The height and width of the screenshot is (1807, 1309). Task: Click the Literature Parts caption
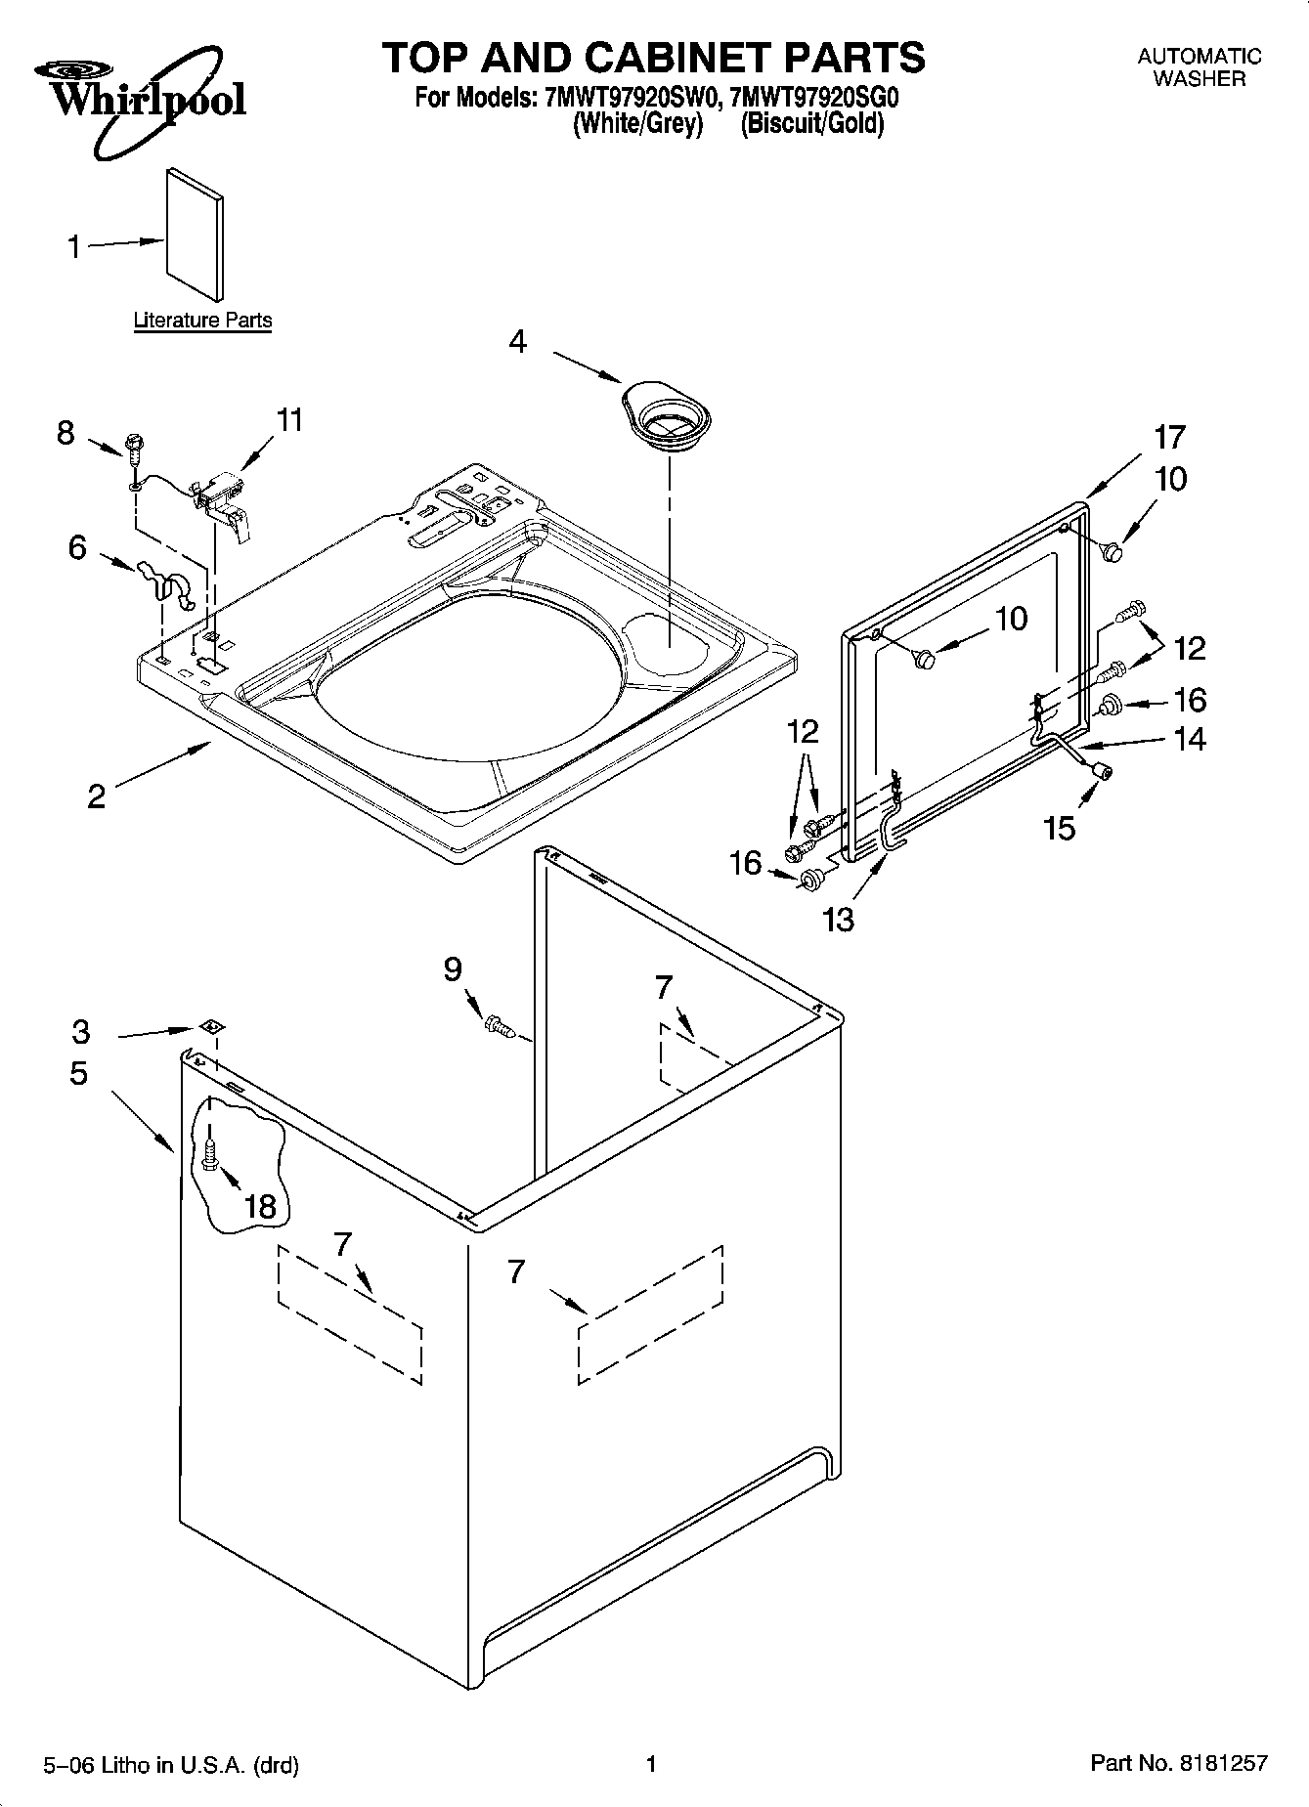(202, 321)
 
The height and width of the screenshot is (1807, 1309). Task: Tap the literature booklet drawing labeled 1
(195, 237)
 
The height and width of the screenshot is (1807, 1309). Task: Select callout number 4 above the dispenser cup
(518, 342)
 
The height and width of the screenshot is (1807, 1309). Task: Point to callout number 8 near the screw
(65, 433)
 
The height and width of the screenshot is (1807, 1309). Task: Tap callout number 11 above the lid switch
(289, 420)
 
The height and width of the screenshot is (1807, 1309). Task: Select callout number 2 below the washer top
(96, 796)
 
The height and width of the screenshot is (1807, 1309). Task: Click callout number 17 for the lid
(1169, 437)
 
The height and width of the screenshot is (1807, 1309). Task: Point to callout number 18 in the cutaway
(260, 1206)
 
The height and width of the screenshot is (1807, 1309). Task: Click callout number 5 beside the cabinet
(79, 1073)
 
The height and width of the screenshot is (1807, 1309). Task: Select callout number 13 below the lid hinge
(839, 920)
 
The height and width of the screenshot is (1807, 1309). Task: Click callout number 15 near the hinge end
(1059, 829)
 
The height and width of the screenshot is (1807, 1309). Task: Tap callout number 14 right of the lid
(1190, 739)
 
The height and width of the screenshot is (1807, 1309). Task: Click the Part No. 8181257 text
(1178, 1763)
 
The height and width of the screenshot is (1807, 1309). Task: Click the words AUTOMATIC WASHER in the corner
(1199, 67)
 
